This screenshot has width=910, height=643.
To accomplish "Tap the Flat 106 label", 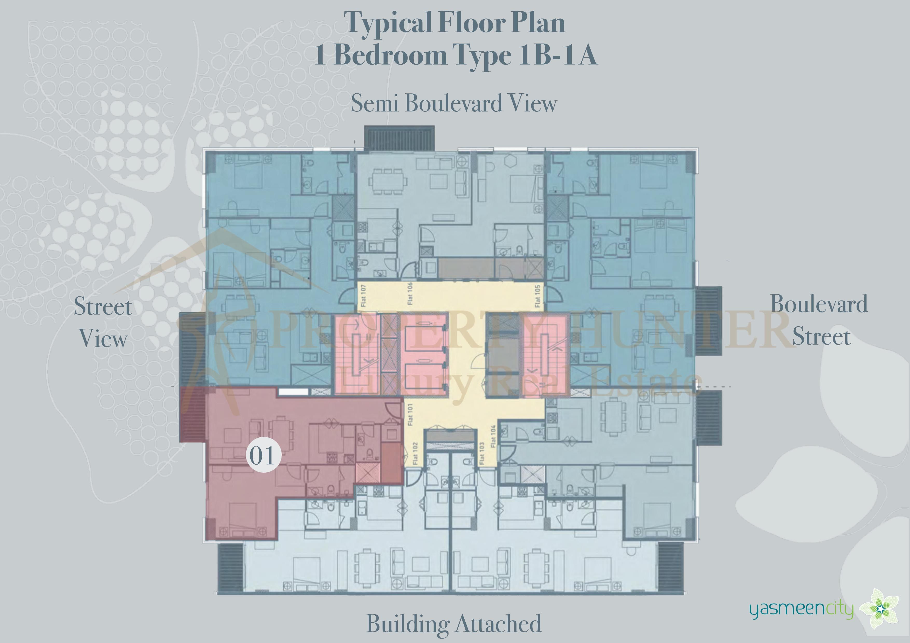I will tap(410, 294).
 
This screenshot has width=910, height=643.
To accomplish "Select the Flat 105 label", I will tap(537, 296).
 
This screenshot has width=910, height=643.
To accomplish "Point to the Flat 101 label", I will tap(410, 415).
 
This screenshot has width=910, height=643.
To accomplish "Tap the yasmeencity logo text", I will tap(801, 609).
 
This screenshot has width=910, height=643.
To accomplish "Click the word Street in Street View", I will tap(103, 307).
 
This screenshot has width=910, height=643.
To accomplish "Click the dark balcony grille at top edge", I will tap(399, 138).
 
